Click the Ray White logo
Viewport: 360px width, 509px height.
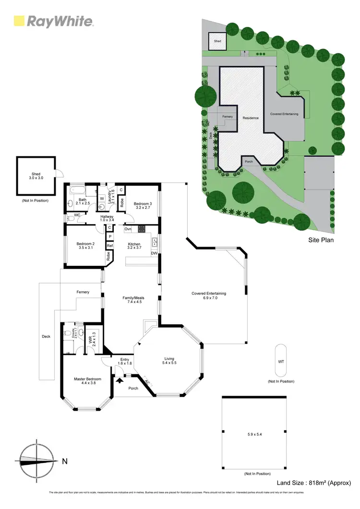coord(53,21)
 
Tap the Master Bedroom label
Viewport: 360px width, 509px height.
coord(87,381)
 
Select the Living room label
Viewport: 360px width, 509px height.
coord(169,360)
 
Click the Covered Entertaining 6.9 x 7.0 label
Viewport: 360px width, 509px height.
coord(208,296)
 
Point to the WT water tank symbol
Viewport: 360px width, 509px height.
coord(281,361)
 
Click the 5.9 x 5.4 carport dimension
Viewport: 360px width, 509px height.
coord(254,435)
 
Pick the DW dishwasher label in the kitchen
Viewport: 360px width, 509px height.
coord(154,253)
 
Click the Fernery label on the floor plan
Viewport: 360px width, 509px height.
coord(83,292)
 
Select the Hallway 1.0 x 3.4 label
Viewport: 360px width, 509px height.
coord(107,219)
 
